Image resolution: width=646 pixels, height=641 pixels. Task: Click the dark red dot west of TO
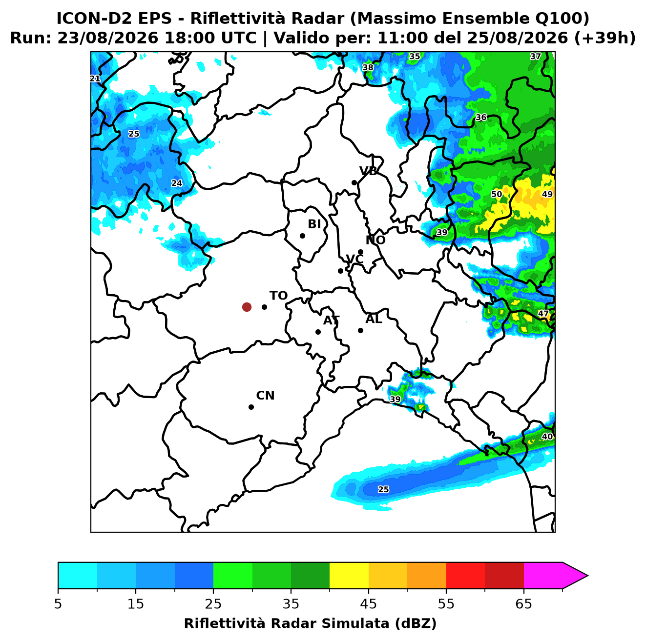[247, 306]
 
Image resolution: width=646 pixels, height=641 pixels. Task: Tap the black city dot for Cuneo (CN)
[251, 407]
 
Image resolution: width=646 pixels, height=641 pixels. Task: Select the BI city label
[314, 224]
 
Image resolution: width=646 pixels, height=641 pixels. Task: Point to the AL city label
[374, 319]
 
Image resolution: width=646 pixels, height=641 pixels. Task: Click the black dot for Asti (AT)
[318, 332]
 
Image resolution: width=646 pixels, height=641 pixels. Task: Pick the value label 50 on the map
[496, 194]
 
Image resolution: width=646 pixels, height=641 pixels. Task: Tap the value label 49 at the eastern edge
[547, 194]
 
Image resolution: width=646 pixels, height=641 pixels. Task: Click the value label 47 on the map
[543, 313]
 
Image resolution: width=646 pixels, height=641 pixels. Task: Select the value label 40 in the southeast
[547, 436]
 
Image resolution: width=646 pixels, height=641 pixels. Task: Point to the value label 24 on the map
[177, 183]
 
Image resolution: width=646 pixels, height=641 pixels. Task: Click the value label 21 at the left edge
[95, 79]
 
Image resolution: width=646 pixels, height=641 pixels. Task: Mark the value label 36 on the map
[481, 117]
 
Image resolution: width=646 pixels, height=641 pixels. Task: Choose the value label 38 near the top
[367, 67]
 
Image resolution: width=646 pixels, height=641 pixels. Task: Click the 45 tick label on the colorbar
[368, 603]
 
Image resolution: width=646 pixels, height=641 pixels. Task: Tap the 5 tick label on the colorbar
[58, 603]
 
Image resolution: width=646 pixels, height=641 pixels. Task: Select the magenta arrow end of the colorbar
[575, 576]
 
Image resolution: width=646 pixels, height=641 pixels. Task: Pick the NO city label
[375, 240]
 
